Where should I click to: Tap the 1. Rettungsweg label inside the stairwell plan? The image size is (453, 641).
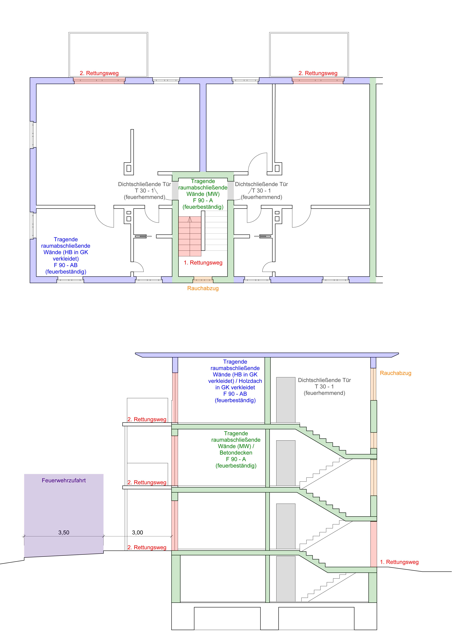pos(203,263)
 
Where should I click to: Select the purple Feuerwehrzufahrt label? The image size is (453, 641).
pos(64,481)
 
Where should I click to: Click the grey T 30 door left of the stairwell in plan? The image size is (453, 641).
pos(175,191)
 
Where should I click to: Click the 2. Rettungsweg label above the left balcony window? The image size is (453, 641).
pos(99,73)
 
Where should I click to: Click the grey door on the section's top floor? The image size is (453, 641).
pos(286,400)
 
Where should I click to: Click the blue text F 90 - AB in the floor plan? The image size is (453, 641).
pos(66,265)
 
